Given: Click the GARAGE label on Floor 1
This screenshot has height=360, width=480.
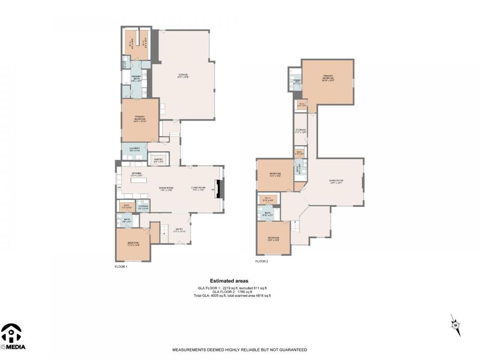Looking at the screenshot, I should coord(183,74).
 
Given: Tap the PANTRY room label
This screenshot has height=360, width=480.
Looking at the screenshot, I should coord(158,159).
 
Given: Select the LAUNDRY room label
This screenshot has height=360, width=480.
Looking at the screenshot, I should coord(134,150).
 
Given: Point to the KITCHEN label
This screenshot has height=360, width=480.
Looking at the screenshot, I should coord(137,174).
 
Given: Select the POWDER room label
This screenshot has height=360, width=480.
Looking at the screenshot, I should coord(143,206).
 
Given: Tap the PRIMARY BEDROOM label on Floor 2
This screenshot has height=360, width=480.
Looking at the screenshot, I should coord(328,79).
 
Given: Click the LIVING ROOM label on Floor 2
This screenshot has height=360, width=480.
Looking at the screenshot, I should coord(336,181).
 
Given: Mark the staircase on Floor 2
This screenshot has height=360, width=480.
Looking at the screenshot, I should coord(293,229).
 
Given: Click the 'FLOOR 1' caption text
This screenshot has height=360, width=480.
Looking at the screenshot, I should coord(121,266).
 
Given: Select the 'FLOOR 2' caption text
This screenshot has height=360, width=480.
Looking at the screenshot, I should coord(261,261).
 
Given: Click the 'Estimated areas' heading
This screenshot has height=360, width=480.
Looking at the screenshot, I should coord(229,281).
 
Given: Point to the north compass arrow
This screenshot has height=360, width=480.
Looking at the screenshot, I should coord(455,325).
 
